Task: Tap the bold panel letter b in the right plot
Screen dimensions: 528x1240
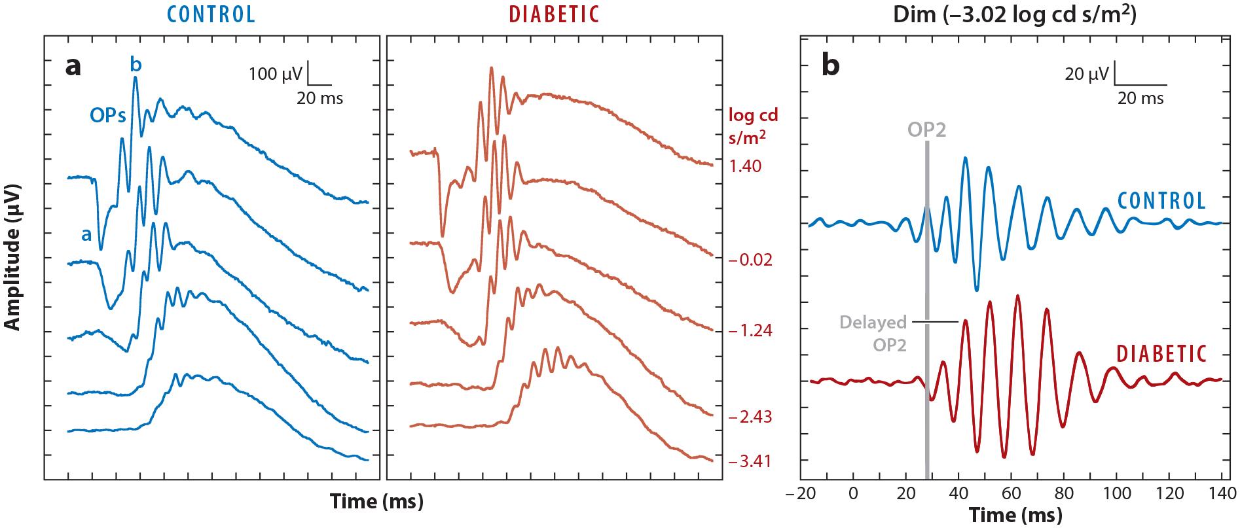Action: pyautogui.click(x=830, y=66)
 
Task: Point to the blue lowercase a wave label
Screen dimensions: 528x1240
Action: pyautogui.click(x=86, y=234)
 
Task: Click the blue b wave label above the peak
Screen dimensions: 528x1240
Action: pyautogui.click(x=136, y=63)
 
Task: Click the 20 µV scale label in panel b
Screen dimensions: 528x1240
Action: pyautogui.click(x=1086, y=73)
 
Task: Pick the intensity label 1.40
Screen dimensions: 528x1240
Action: pyautogui.click(x=745, y=166)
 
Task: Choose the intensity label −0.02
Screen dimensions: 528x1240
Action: pyautogui.click(x=750, y=260)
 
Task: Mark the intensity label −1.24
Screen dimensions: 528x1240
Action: pyautogui.click(x=750, y=330)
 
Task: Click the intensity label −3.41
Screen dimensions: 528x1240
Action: pyautogui.click(x=750, y=462)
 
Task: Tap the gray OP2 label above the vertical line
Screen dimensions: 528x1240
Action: pyautogui.click(x=926, y=129)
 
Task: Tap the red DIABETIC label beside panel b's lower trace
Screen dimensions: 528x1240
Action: pyautogui.click(x=1160, y=354)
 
